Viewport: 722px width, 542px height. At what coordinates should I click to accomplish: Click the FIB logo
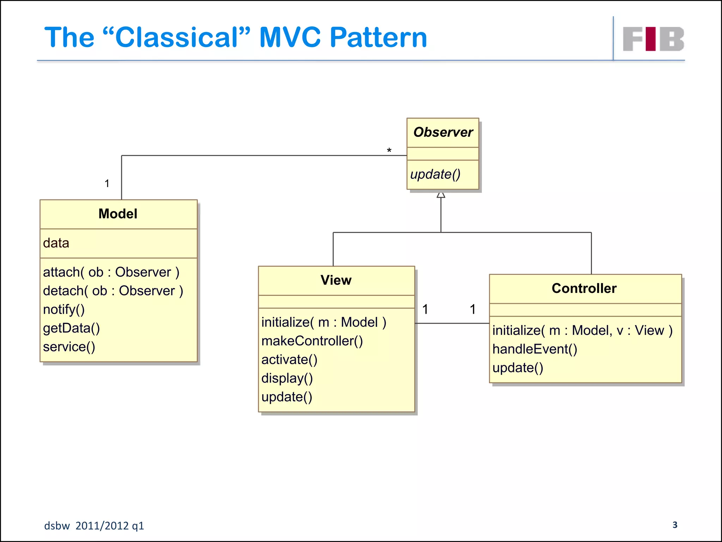tap(653, 39)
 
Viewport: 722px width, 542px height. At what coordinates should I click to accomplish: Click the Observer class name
tap(443, 132)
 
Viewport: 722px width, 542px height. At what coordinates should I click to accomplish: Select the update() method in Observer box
tap(435, 174)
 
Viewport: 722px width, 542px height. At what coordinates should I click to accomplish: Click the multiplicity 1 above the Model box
tap(107, 183)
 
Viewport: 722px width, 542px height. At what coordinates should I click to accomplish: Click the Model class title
tap(118, 214)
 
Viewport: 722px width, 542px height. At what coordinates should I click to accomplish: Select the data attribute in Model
tap(56, 243)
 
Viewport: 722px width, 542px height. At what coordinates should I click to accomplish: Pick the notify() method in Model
tap(64, 309)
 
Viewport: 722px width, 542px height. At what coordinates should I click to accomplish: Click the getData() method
tap(72, 328)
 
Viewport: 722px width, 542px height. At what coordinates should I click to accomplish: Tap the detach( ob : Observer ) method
tap(113, 291)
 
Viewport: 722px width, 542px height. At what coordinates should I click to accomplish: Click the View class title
tap(336, 280)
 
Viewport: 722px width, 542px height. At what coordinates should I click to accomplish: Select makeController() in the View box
tap(312, 341)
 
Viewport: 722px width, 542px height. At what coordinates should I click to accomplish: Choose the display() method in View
tap(287, 378)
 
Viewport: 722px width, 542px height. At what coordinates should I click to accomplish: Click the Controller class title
tap(584, 288)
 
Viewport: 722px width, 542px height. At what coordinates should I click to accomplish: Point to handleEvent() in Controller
tap(535, 349)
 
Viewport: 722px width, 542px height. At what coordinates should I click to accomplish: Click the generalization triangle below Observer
tap(441, 195)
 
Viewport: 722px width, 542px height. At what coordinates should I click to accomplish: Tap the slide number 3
tap(675, 525)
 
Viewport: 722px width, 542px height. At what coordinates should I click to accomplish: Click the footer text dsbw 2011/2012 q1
tap(94, 526)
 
